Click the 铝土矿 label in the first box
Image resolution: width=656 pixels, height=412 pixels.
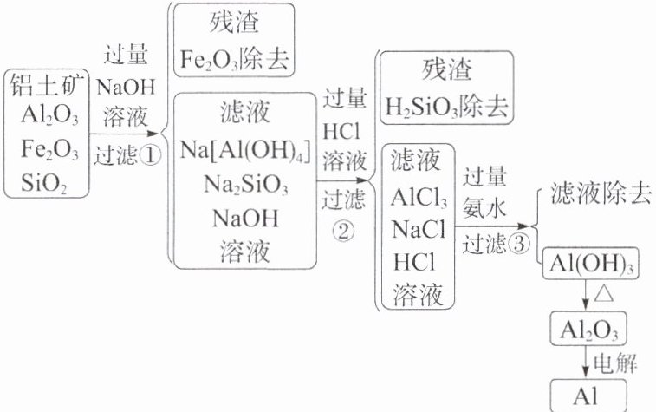tap(50, 84)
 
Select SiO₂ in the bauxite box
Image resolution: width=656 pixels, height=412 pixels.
tap(50, 185)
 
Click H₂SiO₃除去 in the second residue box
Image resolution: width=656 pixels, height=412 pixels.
tap(446, 108)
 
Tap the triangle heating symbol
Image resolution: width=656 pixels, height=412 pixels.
tap(606, 296)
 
